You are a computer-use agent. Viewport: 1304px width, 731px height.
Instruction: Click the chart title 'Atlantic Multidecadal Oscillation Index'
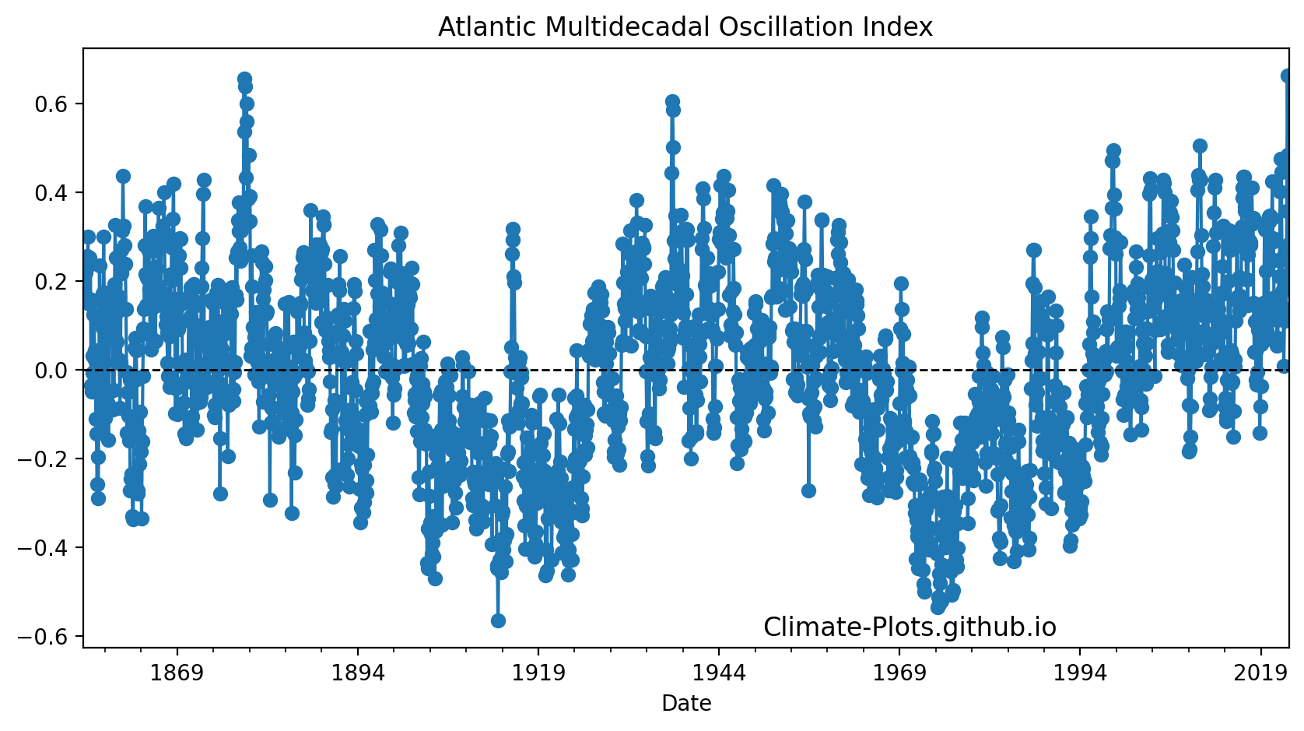685,27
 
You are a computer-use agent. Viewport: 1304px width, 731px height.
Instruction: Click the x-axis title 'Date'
686,704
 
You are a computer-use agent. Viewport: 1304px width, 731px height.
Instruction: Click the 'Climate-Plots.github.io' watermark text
910,627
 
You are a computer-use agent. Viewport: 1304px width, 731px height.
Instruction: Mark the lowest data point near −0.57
498,620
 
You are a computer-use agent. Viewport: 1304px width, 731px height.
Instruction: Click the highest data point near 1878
244,79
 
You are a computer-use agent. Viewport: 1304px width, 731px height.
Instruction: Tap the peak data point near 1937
672,102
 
